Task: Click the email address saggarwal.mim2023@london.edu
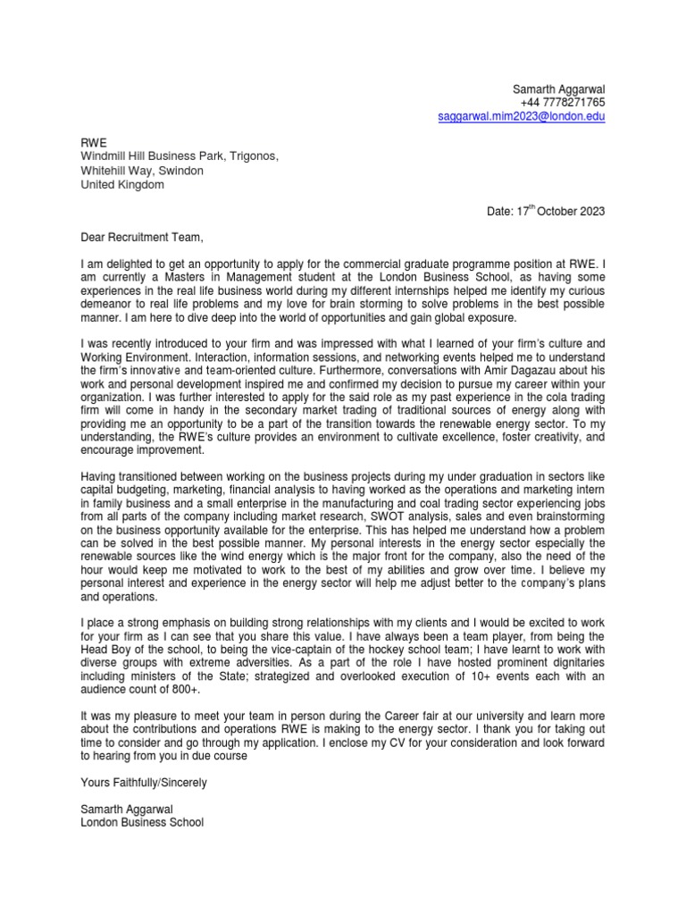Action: click(521, 117)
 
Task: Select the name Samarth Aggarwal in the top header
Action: click(558, 89)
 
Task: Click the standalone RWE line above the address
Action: click(93, 141)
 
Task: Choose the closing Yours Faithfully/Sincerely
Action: click(143, 782)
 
